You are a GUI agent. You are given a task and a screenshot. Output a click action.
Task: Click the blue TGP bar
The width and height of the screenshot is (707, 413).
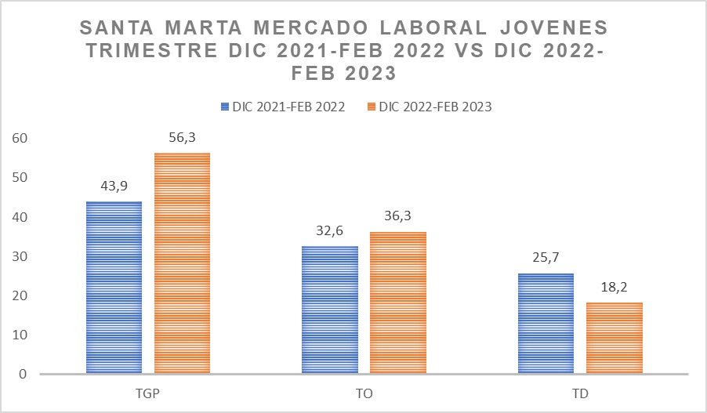click(x=113, y=288)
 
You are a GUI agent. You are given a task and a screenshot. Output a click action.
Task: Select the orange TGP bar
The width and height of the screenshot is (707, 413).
click(x=182, y=263)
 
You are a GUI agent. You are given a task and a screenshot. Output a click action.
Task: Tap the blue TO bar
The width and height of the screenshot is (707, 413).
click(x=330, y=310)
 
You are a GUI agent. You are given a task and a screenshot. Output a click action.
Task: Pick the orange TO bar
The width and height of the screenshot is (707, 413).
click(x=398, y=303)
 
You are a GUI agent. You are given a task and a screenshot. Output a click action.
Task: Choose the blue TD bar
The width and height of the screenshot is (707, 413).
click(x=546, y=324)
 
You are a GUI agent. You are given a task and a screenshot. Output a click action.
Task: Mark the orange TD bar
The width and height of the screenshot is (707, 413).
click(x=615, y=338)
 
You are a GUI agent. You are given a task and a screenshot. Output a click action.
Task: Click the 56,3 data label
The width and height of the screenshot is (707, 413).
click(x=182, y=138)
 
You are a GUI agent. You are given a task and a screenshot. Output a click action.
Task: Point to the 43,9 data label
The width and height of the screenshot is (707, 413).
click(x=113, y=187)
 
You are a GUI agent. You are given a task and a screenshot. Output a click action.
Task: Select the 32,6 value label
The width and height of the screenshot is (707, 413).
click(x=330, y=231)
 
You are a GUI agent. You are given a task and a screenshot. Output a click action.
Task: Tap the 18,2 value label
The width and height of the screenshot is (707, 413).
click(x=615, y=288)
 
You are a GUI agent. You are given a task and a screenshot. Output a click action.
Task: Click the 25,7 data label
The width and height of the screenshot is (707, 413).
click(x=546, y=259)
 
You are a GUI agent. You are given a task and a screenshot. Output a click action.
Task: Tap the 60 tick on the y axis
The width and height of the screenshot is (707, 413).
click(x=20, y=139)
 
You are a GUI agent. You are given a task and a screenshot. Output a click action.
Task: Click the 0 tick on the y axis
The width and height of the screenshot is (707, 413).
click(x=24, y=375)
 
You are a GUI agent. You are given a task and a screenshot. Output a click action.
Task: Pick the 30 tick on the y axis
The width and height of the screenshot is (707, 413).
click(x=20, y=257)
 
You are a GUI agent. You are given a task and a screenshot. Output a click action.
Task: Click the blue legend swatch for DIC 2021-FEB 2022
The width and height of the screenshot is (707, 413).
click(x=226, y=107)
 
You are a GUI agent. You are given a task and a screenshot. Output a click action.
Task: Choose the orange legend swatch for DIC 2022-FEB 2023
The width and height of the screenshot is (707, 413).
click(x=372, y=107)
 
